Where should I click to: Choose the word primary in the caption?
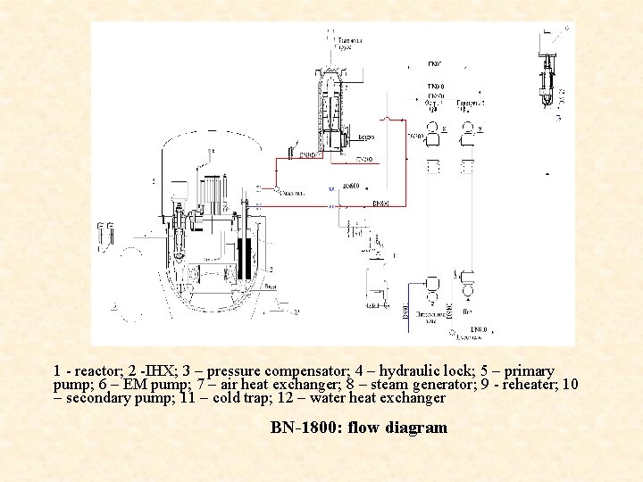click(x=527, y=370)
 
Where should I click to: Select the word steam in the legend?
click(x=389, y=385)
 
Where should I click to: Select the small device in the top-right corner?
click(x=547, y=71)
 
